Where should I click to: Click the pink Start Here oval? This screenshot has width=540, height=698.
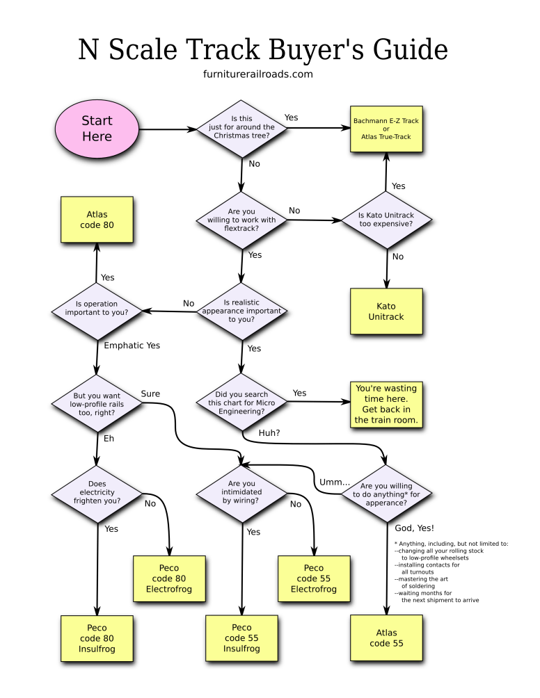coord(97,129)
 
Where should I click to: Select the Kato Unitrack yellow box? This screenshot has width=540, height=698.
coord(386,311)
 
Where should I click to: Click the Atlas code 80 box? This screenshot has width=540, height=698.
coord(97,220)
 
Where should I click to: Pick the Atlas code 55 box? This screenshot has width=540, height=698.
coord(386,638)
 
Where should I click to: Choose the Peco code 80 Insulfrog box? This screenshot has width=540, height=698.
coord(97,638)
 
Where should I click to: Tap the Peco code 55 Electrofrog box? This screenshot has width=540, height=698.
coord(314,578)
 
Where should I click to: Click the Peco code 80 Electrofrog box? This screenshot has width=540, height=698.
coord(169,578)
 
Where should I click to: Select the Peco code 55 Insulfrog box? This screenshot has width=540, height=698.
coord(241,638)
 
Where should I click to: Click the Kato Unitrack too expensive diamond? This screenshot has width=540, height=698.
coord(386,220)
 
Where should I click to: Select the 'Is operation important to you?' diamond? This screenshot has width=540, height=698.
coord(97,308)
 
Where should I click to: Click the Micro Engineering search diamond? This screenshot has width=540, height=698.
coord(241,403)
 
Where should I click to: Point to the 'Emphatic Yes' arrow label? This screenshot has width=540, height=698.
coord(132,346)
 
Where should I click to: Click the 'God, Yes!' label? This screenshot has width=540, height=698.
coord(414,528)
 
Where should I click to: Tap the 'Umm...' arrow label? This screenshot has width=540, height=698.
coord(332,482)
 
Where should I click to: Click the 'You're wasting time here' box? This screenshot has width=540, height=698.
coord(386,404)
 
